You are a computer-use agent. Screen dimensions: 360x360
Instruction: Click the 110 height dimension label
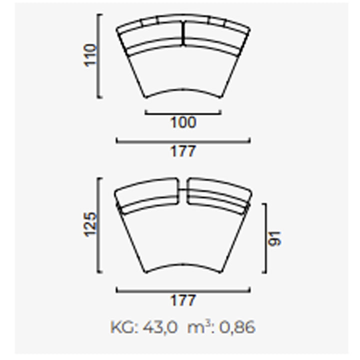tap(90, 55)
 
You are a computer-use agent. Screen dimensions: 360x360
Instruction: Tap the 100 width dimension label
tap(183, 122)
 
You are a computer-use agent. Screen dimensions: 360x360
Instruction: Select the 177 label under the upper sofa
tap(183, 151)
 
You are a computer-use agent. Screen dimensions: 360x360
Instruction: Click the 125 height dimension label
tap(90, 224)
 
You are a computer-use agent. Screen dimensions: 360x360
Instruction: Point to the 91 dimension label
tap(275, 239)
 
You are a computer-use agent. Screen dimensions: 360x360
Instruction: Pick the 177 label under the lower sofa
tap(183, 300)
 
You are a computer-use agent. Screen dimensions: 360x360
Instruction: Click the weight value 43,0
tap(160, 327)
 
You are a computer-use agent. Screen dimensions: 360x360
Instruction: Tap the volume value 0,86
tap(237, 327)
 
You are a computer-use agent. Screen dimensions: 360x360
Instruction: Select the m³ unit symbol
tap(198, 327)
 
